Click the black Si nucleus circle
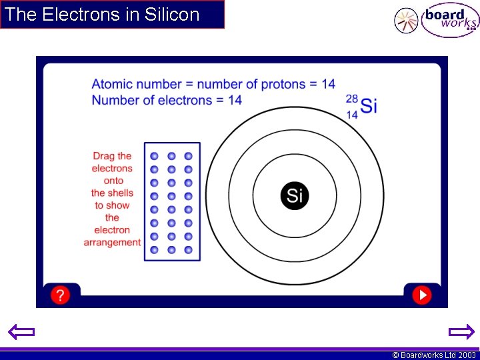[x=295, y=195]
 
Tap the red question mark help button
[x=60, y=295]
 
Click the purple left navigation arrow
[x=21, y=332]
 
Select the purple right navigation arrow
[x=461, y=332]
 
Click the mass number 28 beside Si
[x=351, y=99]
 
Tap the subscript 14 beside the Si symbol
[x=351, y=114]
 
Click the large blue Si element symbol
[x=369, y=105]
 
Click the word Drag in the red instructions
[x=103, y=157]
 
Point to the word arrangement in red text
[x=112, y=243]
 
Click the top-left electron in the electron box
[x=155, y=155]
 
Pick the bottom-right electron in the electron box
[x=188, y=250]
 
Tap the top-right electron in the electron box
[x=188, y=155]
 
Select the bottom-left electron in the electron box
[x=155, y=250]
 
